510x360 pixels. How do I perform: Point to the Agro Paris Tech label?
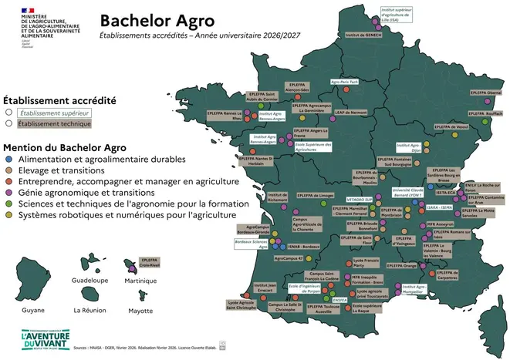(345, 81)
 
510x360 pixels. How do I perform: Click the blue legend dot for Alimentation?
(8, 160)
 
